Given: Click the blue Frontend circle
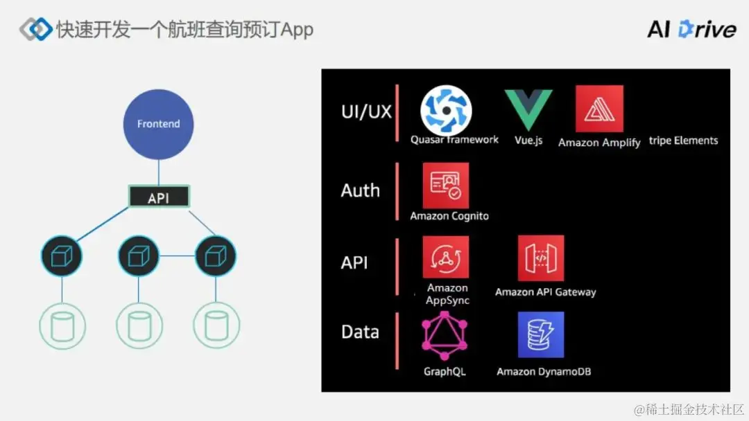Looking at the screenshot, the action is (158, 124).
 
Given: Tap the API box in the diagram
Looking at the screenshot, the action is (158, 197).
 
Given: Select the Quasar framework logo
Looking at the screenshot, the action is (446, 110).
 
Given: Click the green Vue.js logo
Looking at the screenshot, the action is (528, 109).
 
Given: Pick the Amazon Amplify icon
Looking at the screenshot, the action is (599, 109).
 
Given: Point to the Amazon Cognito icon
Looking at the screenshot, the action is (446, 186).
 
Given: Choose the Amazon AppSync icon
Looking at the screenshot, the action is (446, 257).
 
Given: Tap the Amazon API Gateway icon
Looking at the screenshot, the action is (541, 258).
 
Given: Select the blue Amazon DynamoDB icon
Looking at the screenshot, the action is (541, 334).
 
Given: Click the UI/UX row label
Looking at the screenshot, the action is (366, 111).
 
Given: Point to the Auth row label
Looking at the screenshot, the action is (360, 190).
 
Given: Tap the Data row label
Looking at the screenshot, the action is (360, 332).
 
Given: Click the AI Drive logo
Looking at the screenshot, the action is (691, 29).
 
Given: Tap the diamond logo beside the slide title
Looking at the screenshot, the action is (36, 29).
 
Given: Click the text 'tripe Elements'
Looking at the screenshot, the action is (683, 141).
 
